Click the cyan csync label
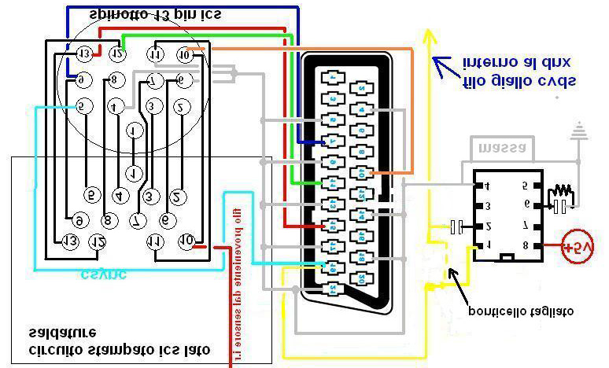[x=103, y=274]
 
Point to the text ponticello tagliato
[x=520, y=311]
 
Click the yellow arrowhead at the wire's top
[x=429, y=36]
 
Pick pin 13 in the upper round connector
[x=84, y=53]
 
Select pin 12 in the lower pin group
[x=98, y=241]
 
